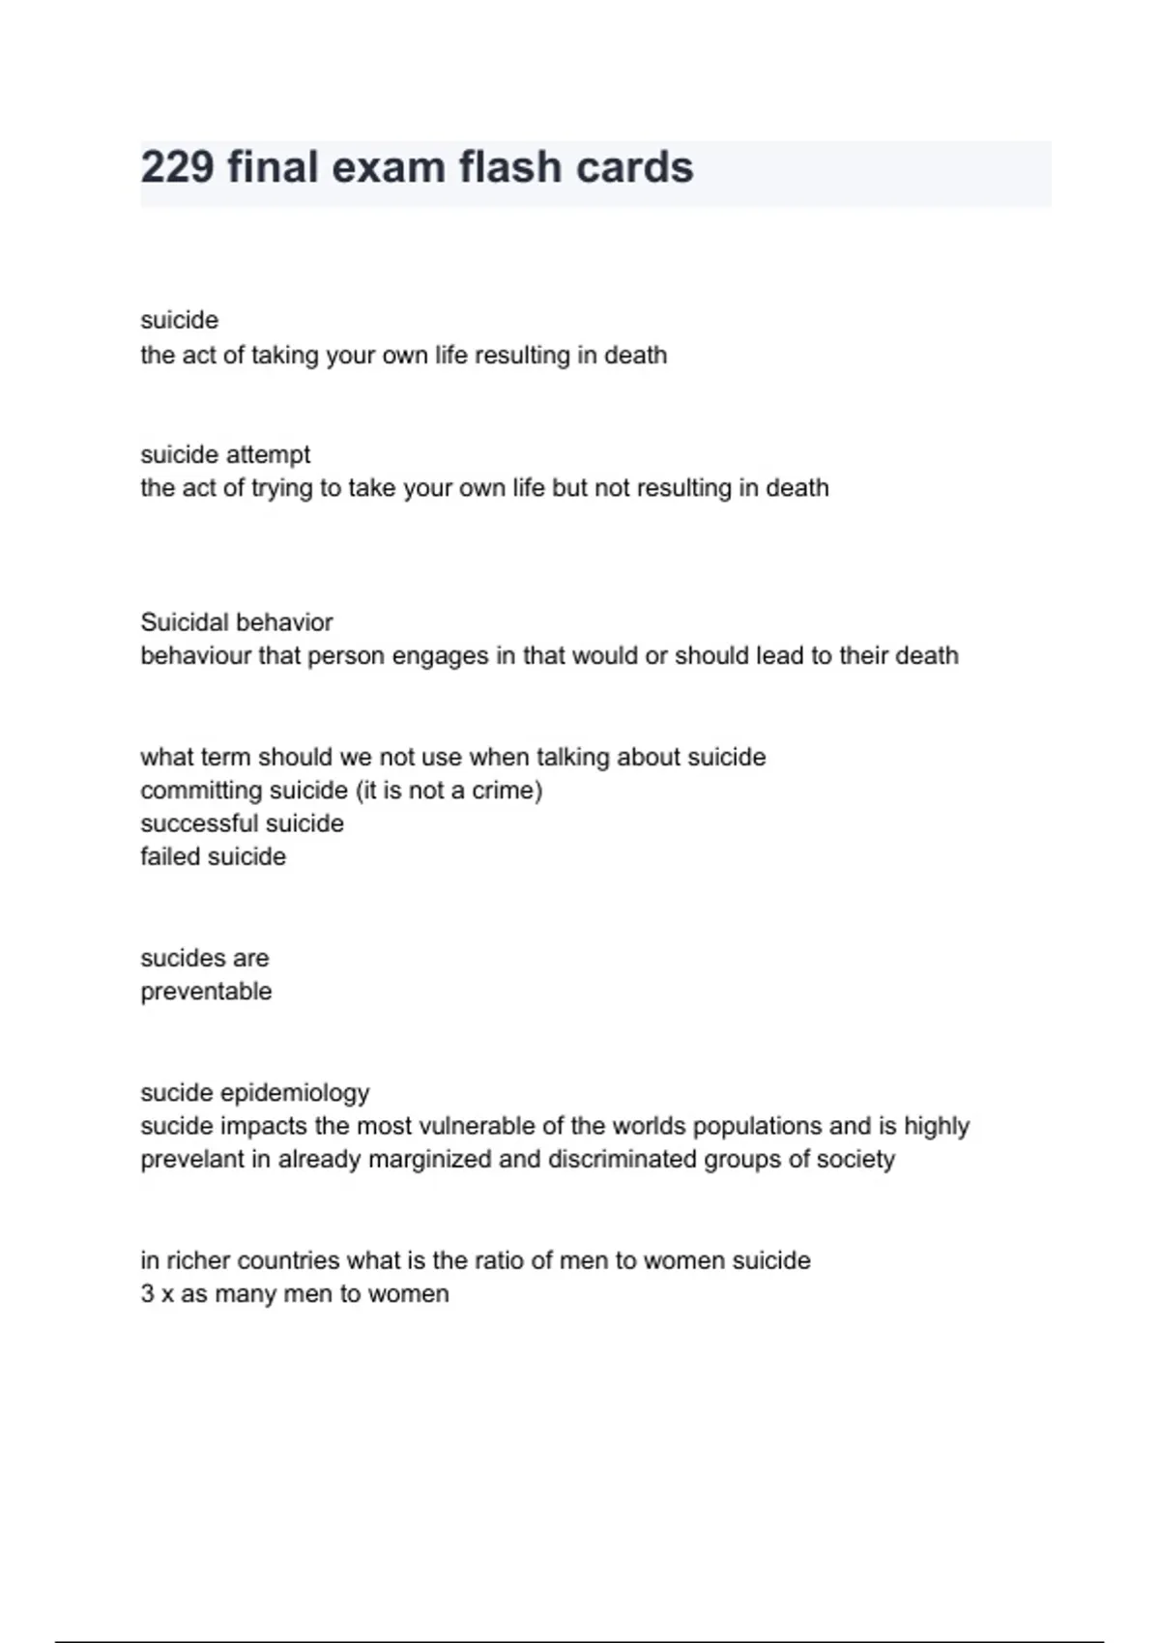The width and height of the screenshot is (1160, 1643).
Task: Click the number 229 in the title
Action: pyautogui.click(x=177, y=167)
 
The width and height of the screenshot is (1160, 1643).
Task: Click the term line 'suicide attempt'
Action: pyautogui.click(x=225, y=454)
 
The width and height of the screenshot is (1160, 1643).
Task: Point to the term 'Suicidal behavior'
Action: pyautogui.click(x=237, y=622)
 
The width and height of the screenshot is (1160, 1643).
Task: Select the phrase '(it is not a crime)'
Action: pyautogui.click(x=449, y=791)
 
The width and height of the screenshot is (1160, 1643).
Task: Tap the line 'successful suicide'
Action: pyautogui.click(x=242, y=823)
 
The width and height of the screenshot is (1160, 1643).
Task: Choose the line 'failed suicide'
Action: pyautogui.click(x=213, y=857)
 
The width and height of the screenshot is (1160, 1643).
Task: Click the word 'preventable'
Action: pyautogui.click(x=206, y=992)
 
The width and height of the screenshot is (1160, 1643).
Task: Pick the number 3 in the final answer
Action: pyautogui.click(x=147, y=1294)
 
